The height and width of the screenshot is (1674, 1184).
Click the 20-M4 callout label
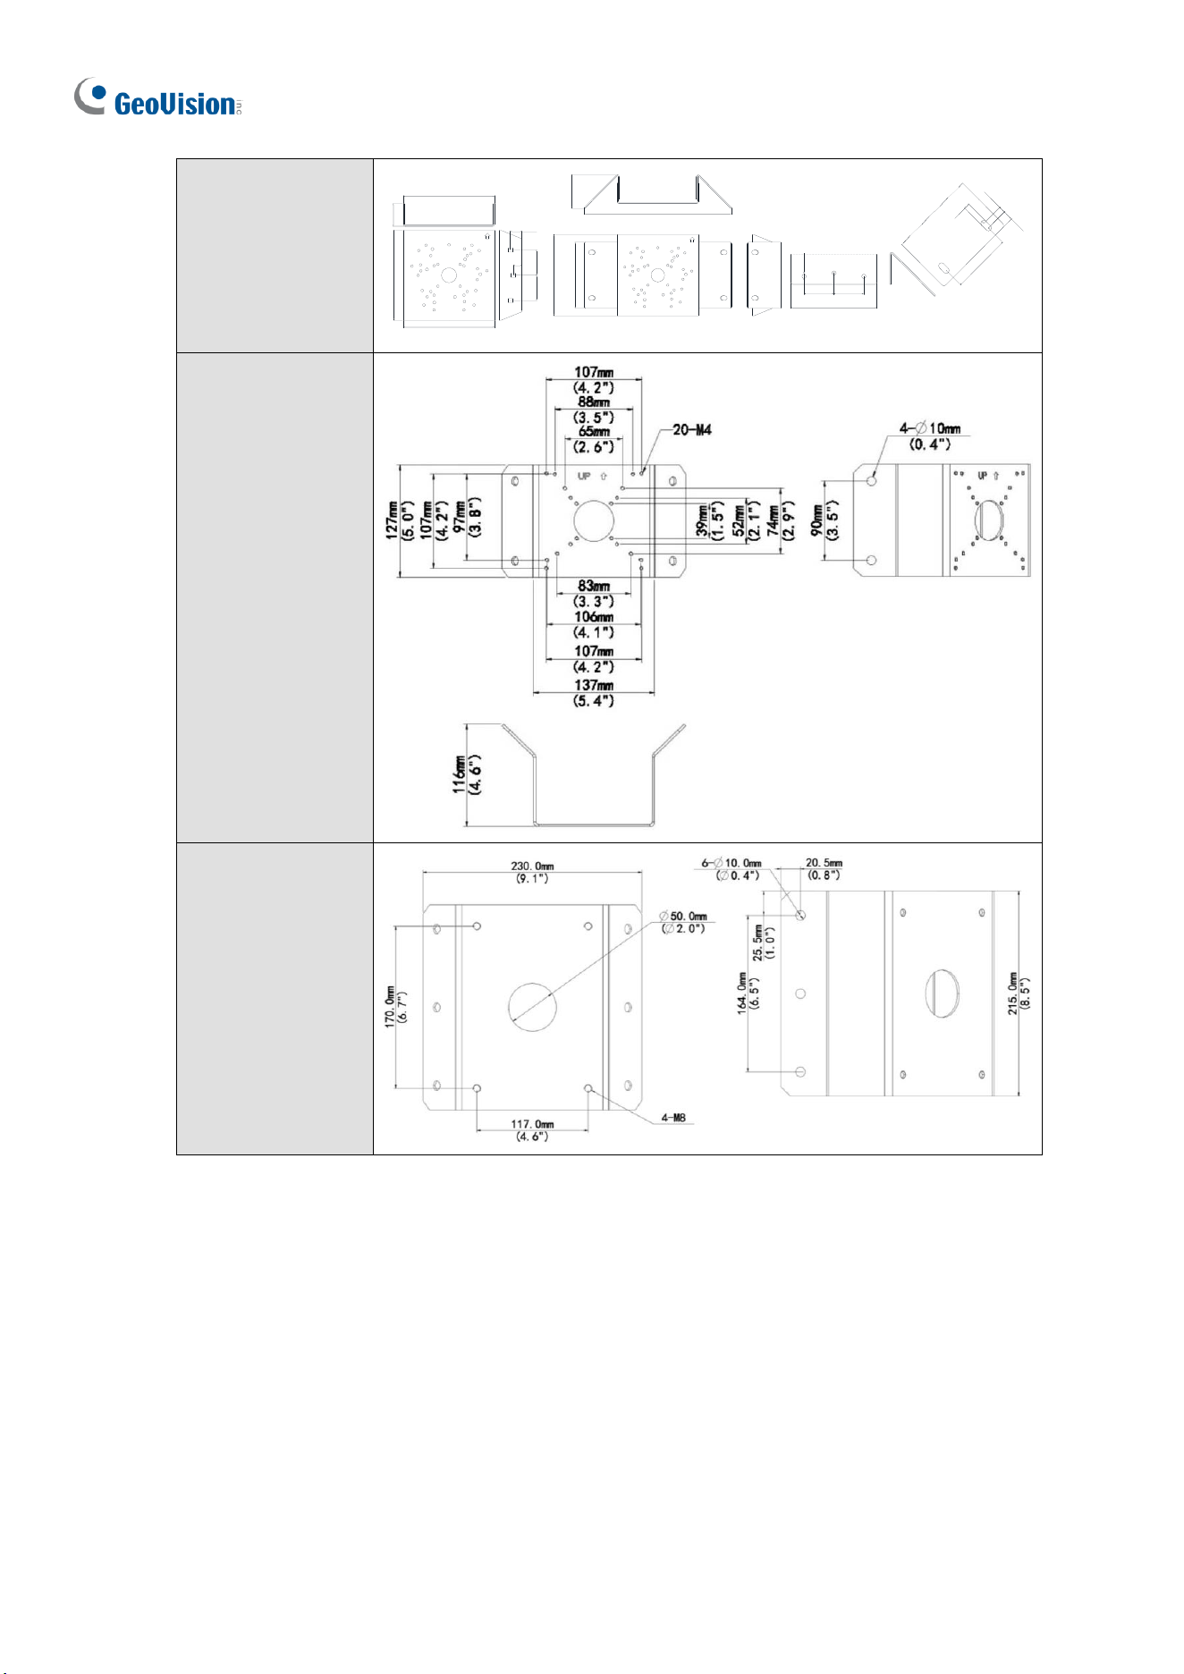[691, 430]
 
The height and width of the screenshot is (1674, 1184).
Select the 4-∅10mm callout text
[929, 428]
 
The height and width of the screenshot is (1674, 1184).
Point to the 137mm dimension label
[593, 686]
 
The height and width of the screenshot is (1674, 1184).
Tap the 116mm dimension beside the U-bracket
[459, 774]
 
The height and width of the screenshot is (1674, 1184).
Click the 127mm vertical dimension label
[392, 520]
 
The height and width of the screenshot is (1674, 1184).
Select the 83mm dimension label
[593, 587]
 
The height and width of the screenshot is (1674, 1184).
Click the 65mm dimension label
[593, 432]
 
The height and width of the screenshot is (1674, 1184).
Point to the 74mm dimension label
[772, 520]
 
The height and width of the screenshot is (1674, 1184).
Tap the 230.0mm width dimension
[532, 866]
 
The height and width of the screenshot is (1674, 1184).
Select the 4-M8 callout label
[673, 1118]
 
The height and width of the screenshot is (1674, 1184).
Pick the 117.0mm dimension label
[532, 1124]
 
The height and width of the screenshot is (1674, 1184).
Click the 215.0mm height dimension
[1013, 993]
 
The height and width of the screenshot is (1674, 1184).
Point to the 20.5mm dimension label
[824, 863]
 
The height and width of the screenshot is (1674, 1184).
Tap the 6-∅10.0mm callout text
[732, 863]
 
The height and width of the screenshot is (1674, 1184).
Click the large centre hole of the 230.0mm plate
[532, 1007]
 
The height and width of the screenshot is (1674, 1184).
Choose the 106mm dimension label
[593, 617]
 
